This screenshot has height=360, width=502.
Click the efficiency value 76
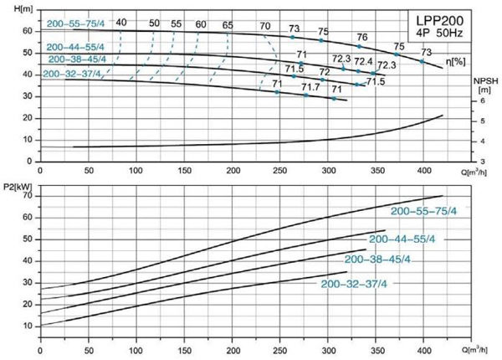[361, 37]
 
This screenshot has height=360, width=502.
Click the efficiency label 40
[121, 22]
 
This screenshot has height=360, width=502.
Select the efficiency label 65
[228, 25]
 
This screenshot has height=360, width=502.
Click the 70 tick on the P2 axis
[28, 196]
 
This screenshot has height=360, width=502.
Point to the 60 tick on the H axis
[27, 30]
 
